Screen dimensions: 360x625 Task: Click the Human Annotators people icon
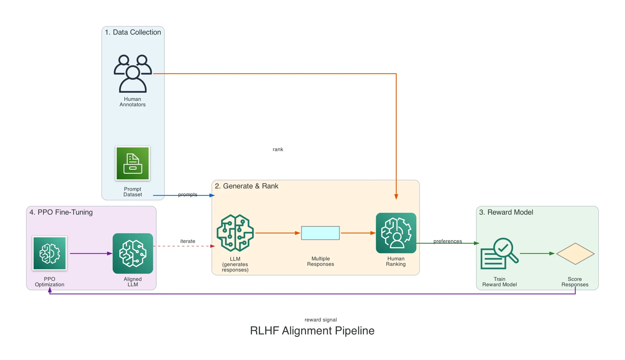pos(132,73)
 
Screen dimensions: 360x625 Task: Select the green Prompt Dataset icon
pos(132,163)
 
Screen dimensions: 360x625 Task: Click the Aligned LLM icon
pos(133,253)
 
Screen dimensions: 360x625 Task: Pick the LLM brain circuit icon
pos(235,233)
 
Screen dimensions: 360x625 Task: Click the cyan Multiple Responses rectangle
pos(320,233)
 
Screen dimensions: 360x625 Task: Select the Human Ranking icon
pos(396,233)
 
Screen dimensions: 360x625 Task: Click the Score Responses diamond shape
pos(575,254)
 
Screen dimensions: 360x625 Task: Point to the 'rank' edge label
pos(278,150)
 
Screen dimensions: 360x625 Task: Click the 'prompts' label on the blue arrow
pos(188,194)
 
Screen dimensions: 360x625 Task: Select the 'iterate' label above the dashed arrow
pos(188,241)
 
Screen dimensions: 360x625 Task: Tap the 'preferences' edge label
pos(447,241)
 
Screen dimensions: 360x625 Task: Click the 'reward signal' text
pos(320,320)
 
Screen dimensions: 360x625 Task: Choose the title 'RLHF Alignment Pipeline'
pos(312,331)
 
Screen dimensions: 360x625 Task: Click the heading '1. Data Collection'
pos(133,32)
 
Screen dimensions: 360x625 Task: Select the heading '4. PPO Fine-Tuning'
pos(61,212)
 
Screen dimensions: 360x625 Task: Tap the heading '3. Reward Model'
pos(506,212)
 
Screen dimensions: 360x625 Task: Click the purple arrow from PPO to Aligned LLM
pos(90,253)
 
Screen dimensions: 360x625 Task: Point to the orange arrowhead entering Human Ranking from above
pos(396,197)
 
